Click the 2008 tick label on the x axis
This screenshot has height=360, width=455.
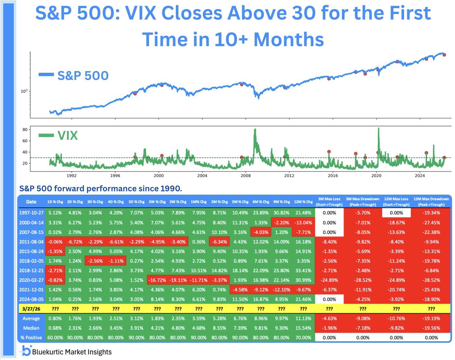click(x=246, y=176)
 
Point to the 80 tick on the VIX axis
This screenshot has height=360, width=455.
click(x=25, y=130)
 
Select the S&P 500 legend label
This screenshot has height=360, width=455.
click(x=83, y=75)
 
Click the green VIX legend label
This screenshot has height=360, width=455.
click(x=67, y=135)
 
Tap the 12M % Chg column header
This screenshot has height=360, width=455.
click(x=303, y=202)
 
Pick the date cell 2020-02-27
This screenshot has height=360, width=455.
click(x=31, y=280)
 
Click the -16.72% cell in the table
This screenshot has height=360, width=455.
click(x=157, y=280)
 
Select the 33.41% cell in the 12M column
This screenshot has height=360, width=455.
click(x=303, y=270)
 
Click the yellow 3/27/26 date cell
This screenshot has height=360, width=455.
click(x=31, y=309)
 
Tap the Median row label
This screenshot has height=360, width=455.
click(x=31, y=328)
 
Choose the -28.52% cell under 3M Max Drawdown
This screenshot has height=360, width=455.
click(x=363, y=280)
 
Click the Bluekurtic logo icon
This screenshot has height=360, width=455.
click(x=26, y=351)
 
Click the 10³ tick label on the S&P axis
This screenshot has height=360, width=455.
click(x=24, y=91)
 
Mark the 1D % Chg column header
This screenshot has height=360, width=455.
click(x=55, y=202)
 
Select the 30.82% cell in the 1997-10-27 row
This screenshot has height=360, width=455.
click(x=281, y=213)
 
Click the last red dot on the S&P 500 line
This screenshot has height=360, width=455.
click(x=444, y=55)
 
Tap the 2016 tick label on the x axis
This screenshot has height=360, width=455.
click(x=332, y=176)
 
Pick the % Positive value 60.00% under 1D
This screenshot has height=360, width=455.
click(x=55, y=338)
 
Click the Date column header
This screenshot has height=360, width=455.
click(x=31, y=202)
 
